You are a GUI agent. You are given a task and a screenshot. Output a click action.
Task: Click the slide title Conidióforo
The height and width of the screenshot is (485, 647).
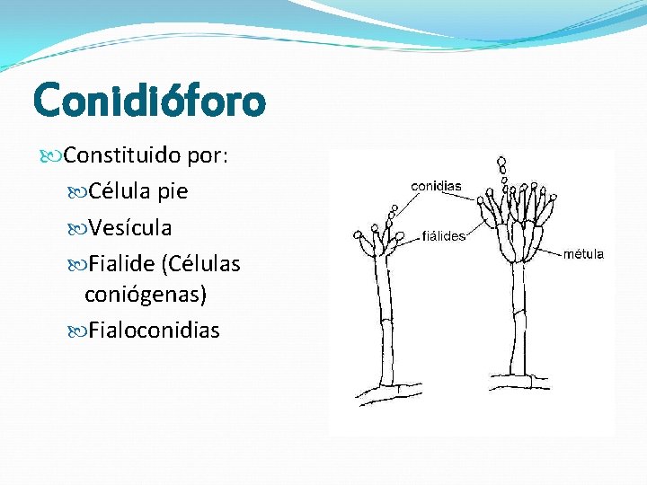(149, 100)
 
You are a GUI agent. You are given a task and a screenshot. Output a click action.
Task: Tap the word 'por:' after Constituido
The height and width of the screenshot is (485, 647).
(208, 156)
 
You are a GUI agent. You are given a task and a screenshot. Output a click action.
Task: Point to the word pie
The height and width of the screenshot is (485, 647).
(172, 191)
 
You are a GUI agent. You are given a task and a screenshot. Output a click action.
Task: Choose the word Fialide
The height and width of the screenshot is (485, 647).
(121, 263)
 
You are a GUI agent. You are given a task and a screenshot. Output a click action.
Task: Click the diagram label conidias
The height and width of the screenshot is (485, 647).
(436, 186)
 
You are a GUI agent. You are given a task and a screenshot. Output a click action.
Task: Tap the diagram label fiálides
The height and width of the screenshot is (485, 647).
(443, 236)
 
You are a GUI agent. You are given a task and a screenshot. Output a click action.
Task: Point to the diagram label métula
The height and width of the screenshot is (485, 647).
(583, 254)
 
